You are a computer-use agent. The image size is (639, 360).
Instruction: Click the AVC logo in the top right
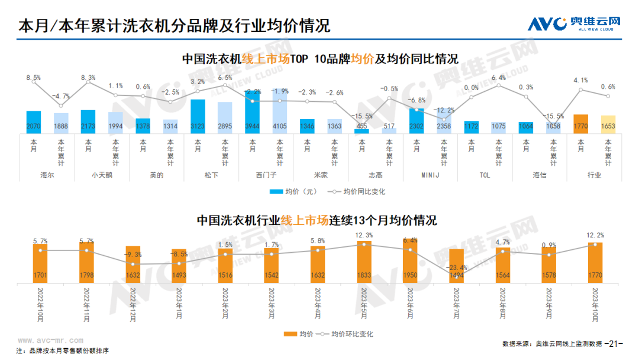(574, 24)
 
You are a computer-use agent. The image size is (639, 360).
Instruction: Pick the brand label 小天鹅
(102, 175)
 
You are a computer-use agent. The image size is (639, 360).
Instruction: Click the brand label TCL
(485, 175)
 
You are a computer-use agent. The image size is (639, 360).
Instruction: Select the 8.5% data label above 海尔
(34, 78)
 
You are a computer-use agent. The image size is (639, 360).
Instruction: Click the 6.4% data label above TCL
(498, 78)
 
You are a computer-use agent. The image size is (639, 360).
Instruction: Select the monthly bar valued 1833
(364, 262)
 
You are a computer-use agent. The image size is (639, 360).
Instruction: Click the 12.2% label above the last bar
(595, 235)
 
